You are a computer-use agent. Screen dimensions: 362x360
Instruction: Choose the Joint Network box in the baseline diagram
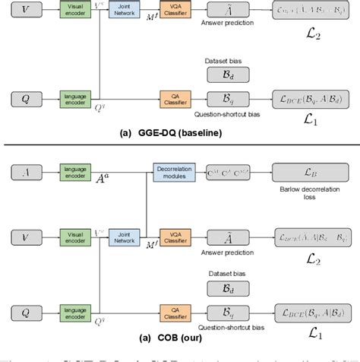124,10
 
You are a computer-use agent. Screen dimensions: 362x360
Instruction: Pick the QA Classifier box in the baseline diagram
173,97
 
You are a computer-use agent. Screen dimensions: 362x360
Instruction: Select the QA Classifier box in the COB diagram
173,310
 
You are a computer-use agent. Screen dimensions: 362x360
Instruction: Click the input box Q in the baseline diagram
29,97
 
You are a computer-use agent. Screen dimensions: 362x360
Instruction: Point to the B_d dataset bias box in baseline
223,73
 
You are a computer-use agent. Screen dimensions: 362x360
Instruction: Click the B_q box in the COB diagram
223,310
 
